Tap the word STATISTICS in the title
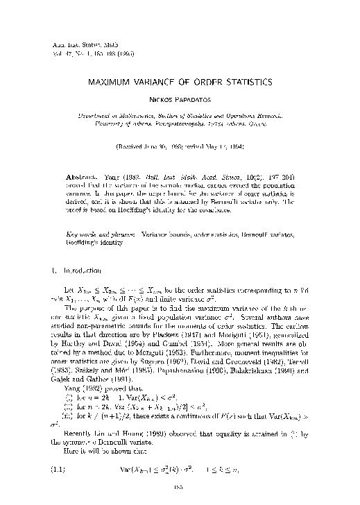238,82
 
